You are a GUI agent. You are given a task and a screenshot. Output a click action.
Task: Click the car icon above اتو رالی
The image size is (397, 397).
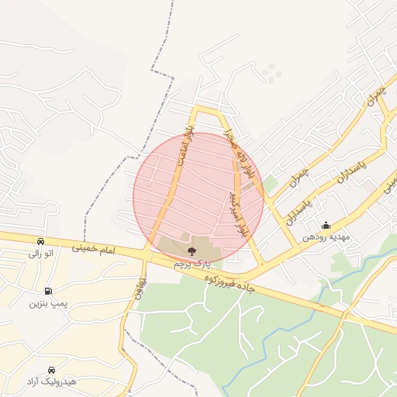point(40,241)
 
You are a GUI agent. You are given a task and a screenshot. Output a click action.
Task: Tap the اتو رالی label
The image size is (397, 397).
point(40,253)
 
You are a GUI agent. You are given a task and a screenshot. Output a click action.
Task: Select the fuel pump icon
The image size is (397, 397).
point(48,291)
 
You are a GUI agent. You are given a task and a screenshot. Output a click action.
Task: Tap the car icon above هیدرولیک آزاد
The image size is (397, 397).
point(51,370)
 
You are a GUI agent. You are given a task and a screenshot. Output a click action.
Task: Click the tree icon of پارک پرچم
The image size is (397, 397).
point(192,250)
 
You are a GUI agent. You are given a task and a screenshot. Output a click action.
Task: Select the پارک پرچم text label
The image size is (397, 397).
point(192,264)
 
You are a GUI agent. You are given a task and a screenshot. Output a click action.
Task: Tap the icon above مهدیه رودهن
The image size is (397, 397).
point(326,226)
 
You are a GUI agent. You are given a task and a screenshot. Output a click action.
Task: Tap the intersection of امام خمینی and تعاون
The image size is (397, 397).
point(146,254)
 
